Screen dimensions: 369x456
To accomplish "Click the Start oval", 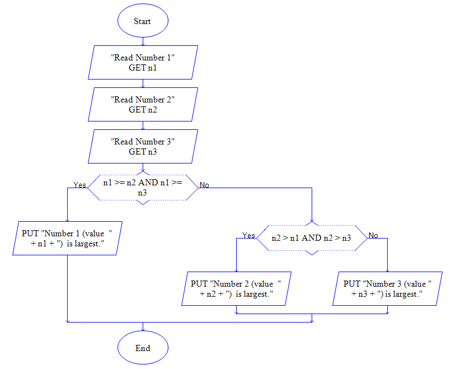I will (x=143, y=21).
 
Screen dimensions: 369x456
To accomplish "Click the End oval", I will (x=143, y=348).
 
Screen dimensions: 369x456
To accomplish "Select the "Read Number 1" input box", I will (x=143, y=62).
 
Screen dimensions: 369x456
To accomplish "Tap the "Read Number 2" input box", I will (x=143, y=104).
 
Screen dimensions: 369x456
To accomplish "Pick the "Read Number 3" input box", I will (x=143, y=146).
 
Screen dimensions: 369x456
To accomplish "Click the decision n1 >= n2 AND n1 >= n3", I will (x=143, y=187).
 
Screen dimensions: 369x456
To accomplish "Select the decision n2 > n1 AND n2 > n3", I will (x=311, y=237).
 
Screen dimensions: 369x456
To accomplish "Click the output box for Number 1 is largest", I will (x=67, y=238).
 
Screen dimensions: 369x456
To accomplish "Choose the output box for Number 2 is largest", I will (x=236, y=288).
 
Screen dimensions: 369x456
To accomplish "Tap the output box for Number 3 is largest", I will (x=387, y=288).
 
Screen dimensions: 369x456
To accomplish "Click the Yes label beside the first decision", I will (x=79, y=185).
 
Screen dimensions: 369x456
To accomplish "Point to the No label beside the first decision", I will (x=204, y=185).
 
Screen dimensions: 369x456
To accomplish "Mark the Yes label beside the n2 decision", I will (x=248, y=235).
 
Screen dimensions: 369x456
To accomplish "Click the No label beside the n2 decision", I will (x=373, y=235).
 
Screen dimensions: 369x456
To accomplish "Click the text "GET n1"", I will (x=143, y=68).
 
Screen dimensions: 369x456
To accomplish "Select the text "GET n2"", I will (x=143, y=110).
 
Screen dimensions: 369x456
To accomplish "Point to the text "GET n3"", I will (x=143, y=152).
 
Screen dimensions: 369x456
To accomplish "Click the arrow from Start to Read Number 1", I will (x=143, y=41).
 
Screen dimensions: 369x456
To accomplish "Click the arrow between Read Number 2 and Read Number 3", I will (x=143, y=125).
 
